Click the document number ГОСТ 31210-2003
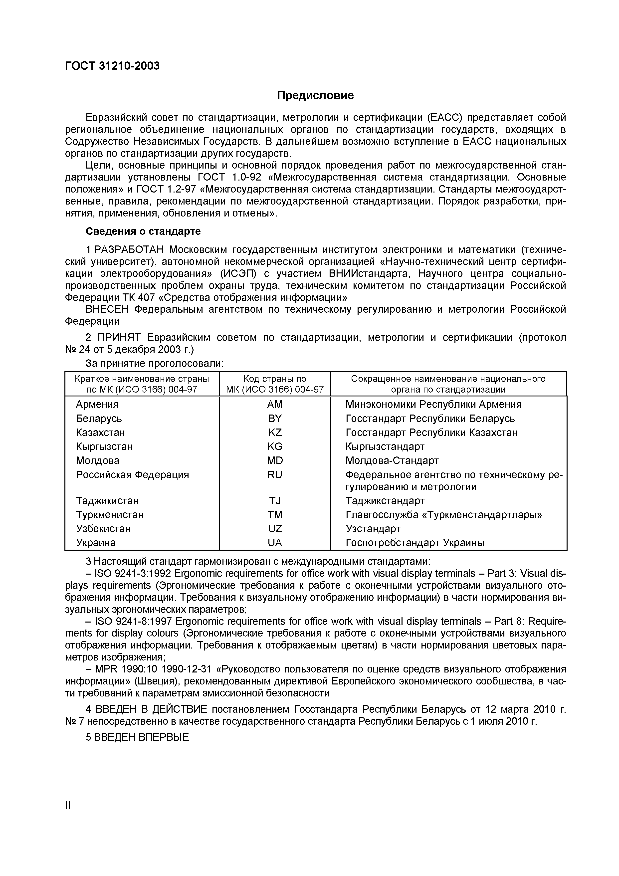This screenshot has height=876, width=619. (x=112, y=66)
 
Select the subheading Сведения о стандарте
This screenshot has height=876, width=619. (x=143, y=231)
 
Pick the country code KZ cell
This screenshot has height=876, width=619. (x=275, y=432)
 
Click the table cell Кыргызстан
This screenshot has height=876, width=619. (x=104, y=446)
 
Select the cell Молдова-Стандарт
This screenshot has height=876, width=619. (x=392, y=460)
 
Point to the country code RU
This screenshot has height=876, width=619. (x=275, y=475)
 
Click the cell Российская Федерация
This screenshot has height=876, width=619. (x=132, y=475)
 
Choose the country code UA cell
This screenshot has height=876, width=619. (x=275, y=543)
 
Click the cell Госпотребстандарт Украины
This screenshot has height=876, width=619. (x=414, y=543)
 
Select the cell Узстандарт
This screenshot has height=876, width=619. (x=373, y=528)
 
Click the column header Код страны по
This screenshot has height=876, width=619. (x=275, y=379)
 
